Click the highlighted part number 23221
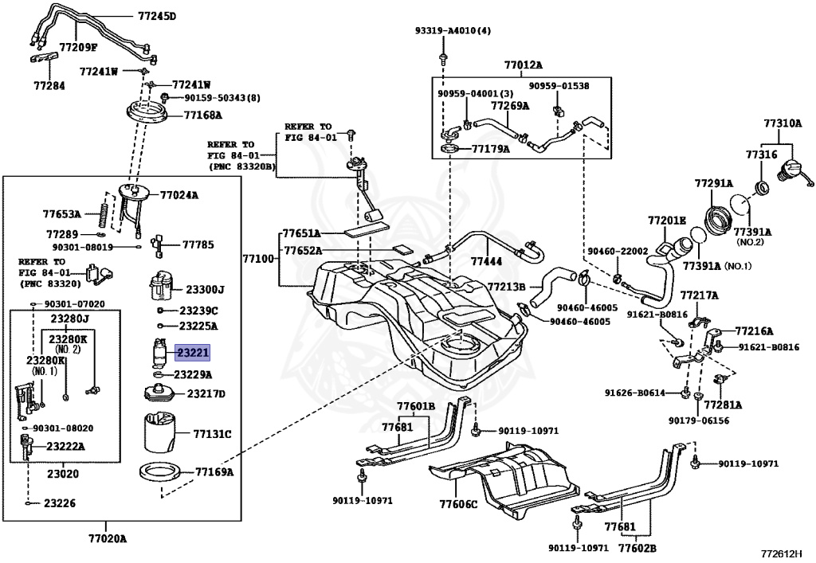tap(193, 353)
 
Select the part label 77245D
tap(157, 16)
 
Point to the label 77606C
tap(458, 504)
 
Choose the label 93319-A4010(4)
tap(453, 31)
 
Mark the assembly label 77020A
tap(108, 538)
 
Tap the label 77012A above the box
tap(523, 65)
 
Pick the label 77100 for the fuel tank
tap(258, 258)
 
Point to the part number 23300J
tap(206, 290)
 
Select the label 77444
tap(487, 261)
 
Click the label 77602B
tap(637, 548)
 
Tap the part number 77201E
tap(667, 221)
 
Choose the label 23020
tap(63, 474)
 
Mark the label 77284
tap(49, 86)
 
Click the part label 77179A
tap(491, 149)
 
